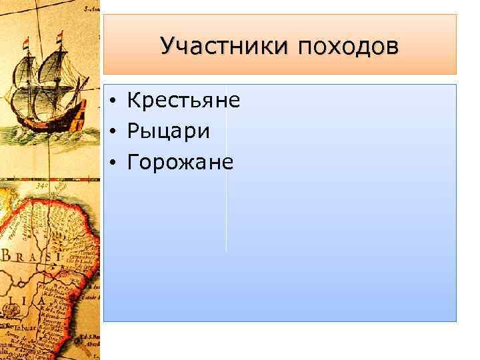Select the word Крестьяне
(183, 101)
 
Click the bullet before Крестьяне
(115, 101)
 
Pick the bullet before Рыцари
(115, 132)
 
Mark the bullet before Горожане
(115, 163)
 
